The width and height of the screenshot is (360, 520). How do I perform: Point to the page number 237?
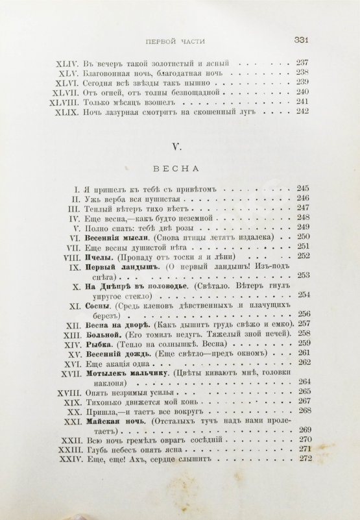[302, 64]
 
